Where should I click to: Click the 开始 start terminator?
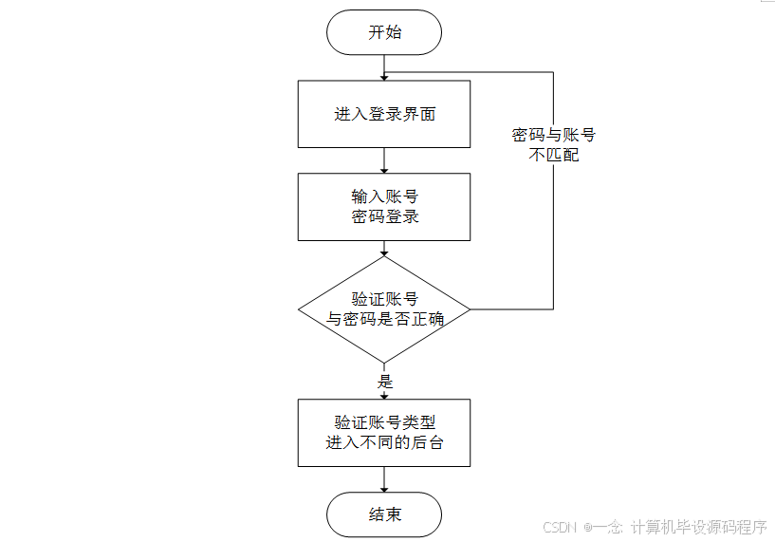pyautogui.click(x=384, y=32)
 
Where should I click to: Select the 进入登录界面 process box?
pyautogui.click(x=384, y=114)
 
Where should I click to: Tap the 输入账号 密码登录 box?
pyautogui.click(x=384, y=206)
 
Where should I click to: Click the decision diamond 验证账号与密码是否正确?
pyautogui.click(x=384, y=309)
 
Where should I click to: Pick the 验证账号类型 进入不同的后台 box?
pyautogui.click(x=384, y=432)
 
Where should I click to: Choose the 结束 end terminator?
pyautogui.click(x=384, y=514)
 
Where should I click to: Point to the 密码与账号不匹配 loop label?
pyautogui.click(x=553, y=144)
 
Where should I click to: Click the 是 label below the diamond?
pyautogui.click(x=385, y=382)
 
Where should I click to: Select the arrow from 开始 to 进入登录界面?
pyautogui.click(x=384, y=67)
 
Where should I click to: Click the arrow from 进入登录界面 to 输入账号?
pyautogui.click(x=384, y=160)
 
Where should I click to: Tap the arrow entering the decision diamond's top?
pyautogui.click(x=384, y=249)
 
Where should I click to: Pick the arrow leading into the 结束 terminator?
pyautogui.click(x=384, y=479)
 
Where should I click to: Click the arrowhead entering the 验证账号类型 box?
pyautogui.click(x=384, y=395)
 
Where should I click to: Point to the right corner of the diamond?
pyautogui.click(x=469, y=309)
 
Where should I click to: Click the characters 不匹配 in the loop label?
pyautogui.click(x=553, y=154)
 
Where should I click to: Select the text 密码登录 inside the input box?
pyautogui.click(x=384, y=216)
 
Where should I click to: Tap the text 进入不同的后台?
pyautogui.click(x=384, y=442)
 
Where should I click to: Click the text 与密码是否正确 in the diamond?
pyautogui.click(x=384, y=320)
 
